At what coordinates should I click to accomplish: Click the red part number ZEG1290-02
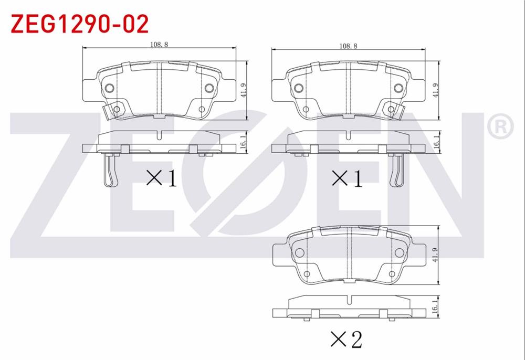point(80,24)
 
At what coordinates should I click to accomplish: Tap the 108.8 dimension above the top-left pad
point(159,44)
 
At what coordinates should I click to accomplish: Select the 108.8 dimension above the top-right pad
point(348,46)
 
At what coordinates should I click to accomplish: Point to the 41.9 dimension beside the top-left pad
point(244,90)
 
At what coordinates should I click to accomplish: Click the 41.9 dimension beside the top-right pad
point(436,90)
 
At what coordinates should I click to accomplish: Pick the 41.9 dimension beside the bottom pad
point(435,255)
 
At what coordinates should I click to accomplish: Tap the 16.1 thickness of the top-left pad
point(244,142)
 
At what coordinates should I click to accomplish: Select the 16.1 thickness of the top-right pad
point(436,142)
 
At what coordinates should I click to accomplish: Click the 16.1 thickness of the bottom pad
point(435,306)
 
